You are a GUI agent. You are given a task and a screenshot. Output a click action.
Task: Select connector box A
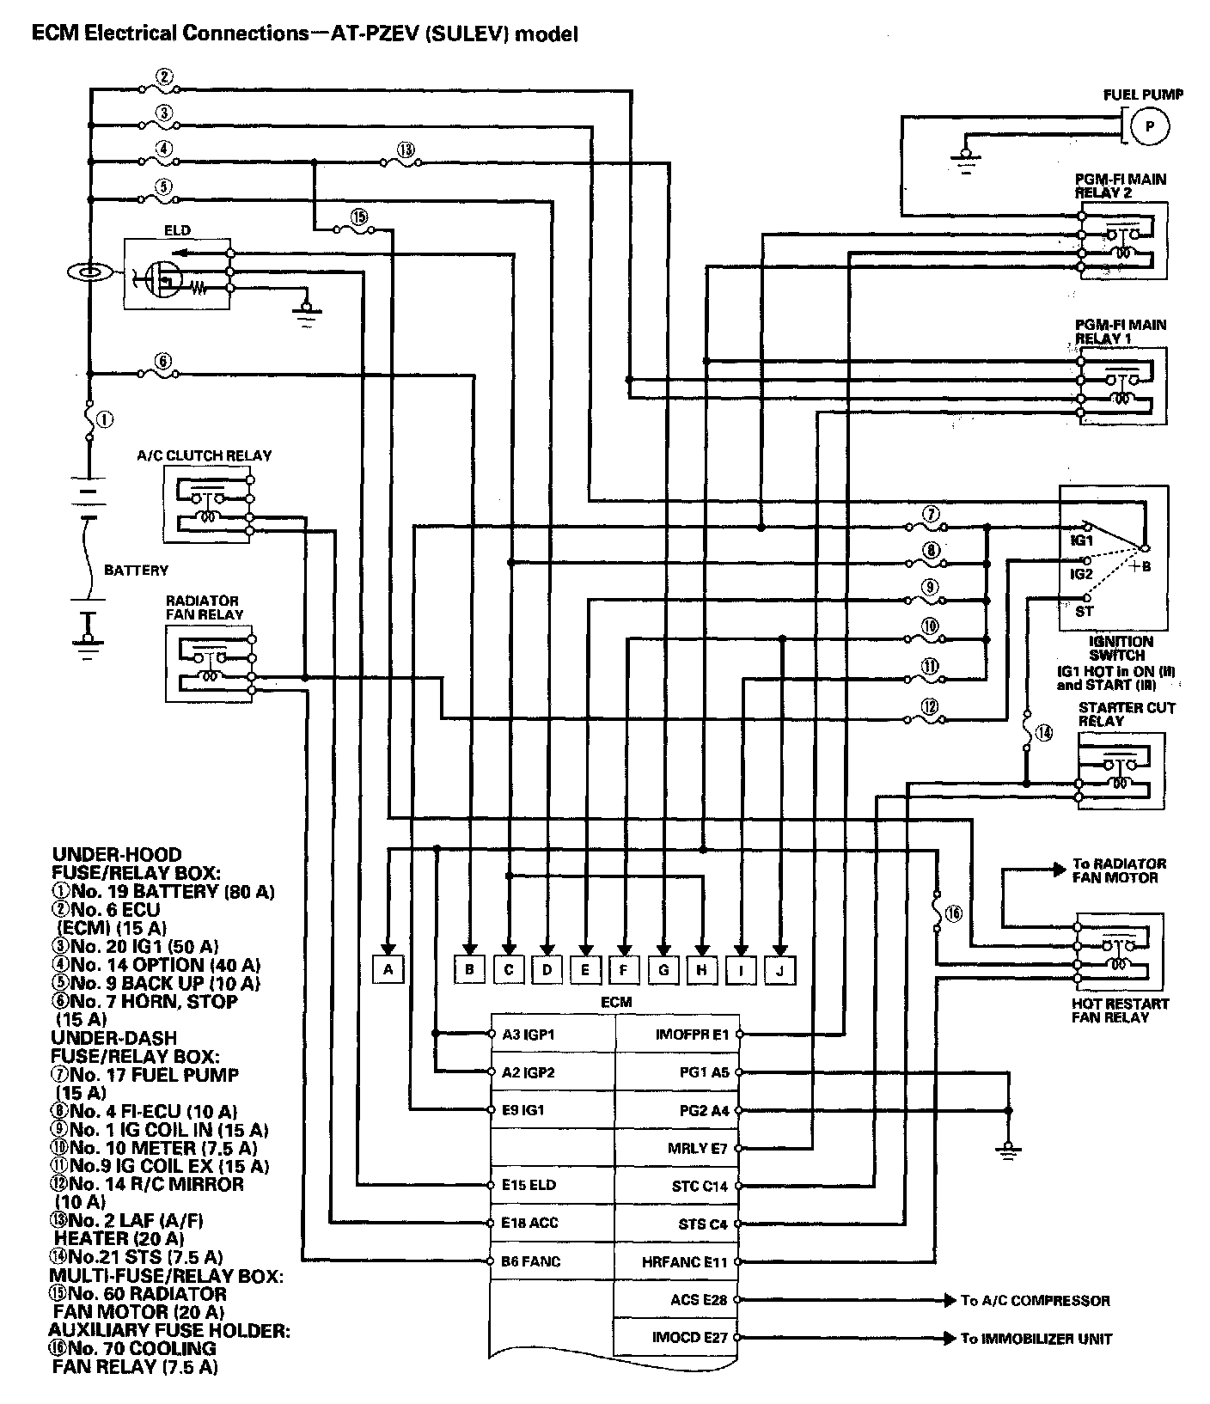coord(388,970)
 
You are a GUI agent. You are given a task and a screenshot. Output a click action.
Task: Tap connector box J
coord(779,970)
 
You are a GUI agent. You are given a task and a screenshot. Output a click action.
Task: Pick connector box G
coord(663,970)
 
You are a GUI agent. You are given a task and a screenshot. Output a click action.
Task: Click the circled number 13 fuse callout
coord(406,150)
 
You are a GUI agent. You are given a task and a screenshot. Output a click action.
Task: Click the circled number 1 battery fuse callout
coord(104,420)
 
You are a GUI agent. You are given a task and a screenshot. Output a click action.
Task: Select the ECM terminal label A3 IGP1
coord(529,1035)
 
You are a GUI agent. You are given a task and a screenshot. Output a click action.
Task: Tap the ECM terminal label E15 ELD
coord(529,1185)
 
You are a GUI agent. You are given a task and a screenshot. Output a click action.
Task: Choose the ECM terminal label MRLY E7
coord(698,1148)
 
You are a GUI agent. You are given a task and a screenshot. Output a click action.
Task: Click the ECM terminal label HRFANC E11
coord(685,1261)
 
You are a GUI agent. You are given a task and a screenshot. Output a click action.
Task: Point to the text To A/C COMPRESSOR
coord(1035,1300)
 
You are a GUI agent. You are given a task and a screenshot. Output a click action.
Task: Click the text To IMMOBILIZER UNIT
coord(1036,1338)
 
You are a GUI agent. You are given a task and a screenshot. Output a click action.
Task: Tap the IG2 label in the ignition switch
coord(1081,572)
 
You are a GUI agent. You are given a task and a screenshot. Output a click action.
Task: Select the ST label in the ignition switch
coord(1085,612)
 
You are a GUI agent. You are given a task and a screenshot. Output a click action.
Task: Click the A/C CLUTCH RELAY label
coord(205,455)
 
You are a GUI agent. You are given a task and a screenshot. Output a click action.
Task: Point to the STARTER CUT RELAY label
coord(1127,714)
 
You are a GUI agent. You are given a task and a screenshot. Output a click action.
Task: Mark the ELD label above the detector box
coord(177,230)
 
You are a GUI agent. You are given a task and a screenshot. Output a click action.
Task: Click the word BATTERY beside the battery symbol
coord(136,570)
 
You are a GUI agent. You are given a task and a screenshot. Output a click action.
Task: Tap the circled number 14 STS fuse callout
coord(1043,733)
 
